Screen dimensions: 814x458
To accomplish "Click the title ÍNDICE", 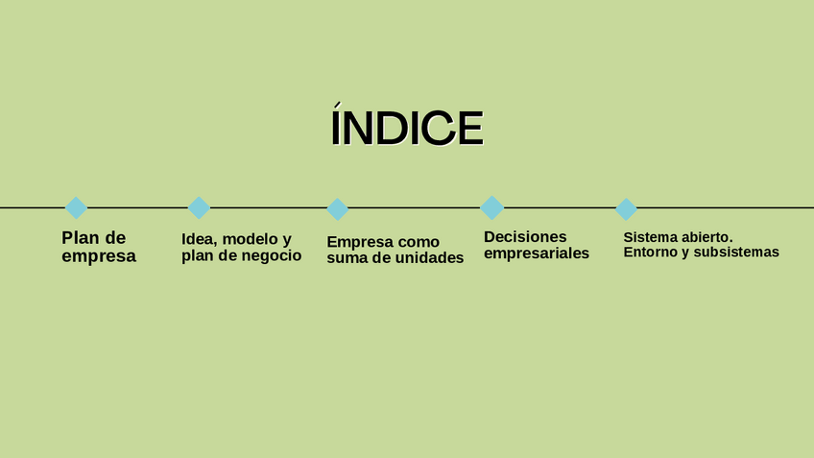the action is point(406,129).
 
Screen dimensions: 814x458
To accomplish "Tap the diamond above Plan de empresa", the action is point(76,207).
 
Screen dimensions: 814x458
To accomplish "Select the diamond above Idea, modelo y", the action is point(199,207).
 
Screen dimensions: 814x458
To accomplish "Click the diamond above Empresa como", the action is point(337,208).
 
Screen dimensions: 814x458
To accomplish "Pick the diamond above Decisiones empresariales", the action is point(491,207).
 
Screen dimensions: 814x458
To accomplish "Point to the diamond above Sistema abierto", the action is point(626,208).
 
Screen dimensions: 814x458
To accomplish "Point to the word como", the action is point(419,242).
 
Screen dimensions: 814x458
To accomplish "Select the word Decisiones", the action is point(525,237).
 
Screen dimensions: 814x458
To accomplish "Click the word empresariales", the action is point(536,254).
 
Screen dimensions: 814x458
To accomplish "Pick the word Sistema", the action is point(650,237).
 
